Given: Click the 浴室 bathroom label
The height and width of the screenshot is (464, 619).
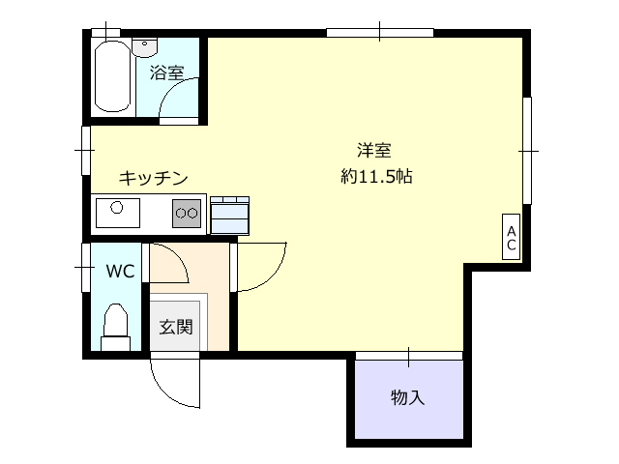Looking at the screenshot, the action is [x=166, y=72].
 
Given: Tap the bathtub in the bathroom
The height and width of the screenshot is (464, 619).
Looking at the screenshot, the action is [x=112, y=76].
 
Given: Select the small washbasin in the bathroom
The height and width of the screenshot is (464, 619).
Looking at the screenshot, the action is [x=144, y=47].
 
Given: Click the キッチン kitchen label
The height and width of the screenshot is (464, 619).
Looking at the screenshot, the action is [x=154, y=178].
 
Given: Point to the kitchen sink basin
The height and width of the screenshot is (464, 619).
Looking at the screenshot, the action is [x=118, y=213].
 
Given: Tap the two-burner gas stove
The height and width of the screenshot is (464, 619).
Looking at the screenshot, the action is [x=187, y=213].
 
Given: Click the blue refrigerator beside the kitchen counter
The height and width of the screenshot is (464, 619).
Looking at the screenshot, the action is [x=230, y=216].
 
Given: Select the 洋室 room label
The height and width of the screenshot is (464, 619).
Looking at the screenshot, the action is [x=374, y=151].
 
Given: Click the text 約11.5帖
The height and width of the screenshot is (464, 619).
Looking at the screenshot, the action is [x=376, y=176].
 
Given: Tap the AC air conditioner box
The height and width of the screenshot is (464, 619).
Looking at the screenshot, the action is [x=511, y=237].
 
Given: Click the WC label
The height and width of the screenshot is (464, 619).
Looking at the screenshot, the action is [x=120, y=271].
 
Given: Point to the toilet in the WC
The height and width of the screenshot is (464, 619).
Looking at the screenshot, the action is [x=116, y=327].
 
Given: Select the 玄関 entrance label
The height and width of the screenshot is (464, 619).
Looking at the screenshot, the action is [x=176, y=327].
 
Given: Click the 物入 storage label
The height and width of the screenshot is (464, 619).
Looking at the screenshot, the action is [x=408, y=397].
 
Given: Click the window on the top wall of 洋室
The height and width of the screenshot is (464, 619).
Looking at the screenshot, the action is [x=380, y=32].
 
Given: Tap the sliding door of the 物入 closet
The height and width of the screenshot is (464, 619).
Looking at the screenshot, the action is [x=409, y=356].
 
